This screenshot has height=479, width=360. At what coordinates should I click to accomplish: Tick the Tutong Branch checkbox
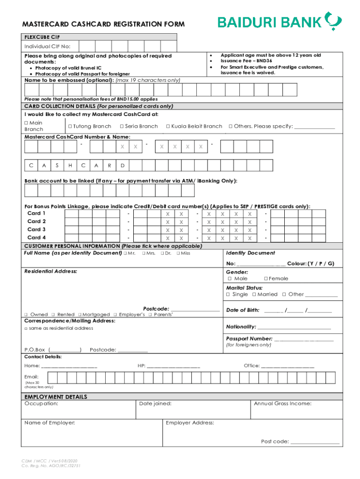[x=70, y=126]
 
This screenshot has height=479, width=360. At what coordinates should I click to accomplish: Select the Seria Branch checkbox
[x=122, y=126]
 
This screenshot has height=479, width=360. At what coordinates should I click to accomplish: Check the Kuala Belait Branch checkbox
[x=168, y=126]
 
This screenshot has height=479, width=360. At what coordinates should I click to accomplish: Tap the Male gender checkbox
[x=228, y=279]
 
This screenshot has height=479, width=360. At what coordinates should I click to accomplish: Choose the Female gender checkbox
[x=265, y=279]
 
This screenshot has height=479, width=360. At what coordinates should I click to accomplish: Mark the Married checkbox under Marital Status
[x=253, y=295]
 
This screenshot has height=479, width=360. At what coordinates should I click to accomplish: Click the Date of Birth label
[x=242, y=310]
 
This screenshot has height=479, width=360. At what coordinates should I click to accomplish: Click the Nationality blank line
[x=294, y=327]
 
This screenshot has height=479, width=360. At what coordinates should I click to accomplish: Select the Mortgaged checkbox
[x=80, y=315]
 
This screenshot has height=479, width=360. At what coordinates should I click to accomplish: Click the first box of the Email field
[x=51, y=378]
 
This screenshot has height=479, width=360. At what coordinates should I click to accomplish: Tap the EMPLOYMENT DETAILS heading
[x=56, y=397]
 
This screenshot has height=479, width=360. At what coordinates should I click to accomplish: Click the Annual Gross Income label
[x=282, y=404]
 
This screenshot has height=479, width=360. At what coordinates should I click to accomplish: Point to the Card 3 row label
[x=36, y=230]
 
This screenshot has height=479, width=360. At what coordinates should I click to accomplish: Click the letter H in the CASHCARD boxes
[x=70, y=166]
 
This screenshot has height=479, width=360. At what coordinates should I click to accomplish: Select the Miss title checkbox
[x=178, y=254]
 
